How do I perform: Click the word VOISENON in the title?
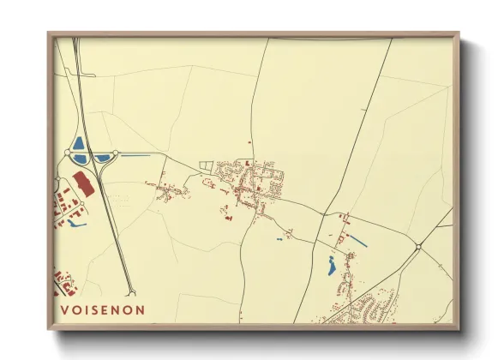102,309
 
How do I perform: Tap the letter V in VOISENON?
64,309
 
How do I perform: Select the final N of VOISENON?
140,309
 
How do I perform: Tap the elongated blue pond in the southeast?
332,267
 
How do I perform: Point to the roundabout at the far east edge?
418,248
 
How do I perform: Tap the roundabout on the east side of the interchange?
116,153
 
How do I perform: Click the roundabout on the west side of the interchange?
68,153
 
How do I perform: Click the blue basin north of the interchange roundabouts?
79,143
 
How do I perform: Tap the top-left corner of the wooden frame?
49,34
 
